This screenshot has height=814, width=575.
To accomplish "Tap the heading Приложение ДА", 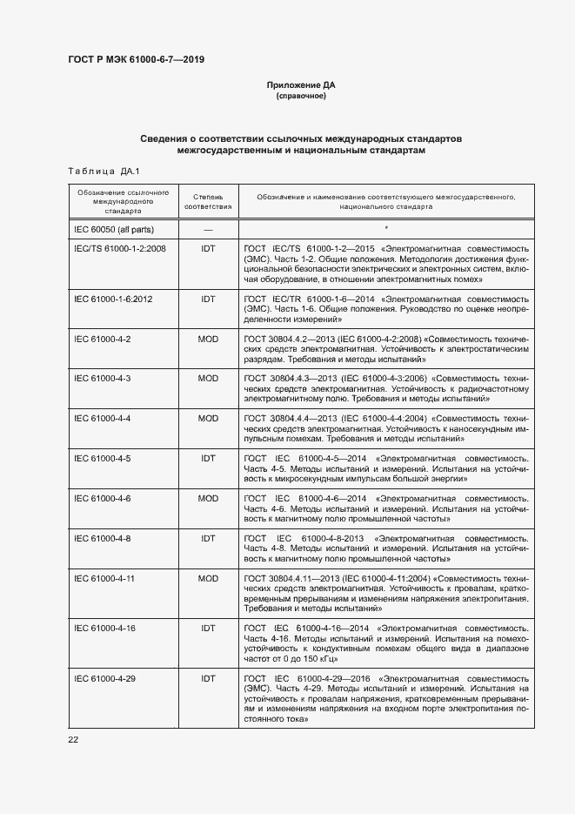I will (301, 85).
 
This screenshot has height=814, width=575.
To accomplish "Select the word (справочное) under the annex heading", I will (301, 96).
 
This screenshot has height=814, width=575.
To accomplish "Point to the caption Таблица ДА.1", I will (97, 171).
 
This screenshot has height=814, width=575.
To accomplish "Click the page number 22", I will (73, 739).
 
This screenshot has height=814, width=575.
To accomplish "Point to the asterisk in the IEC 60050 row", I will (386, 227).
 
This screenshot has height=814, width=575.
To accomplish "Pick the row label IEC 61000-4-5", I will (103, 458).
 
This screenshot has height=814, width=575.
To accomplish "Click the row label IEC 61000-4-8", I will (103, 538).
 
